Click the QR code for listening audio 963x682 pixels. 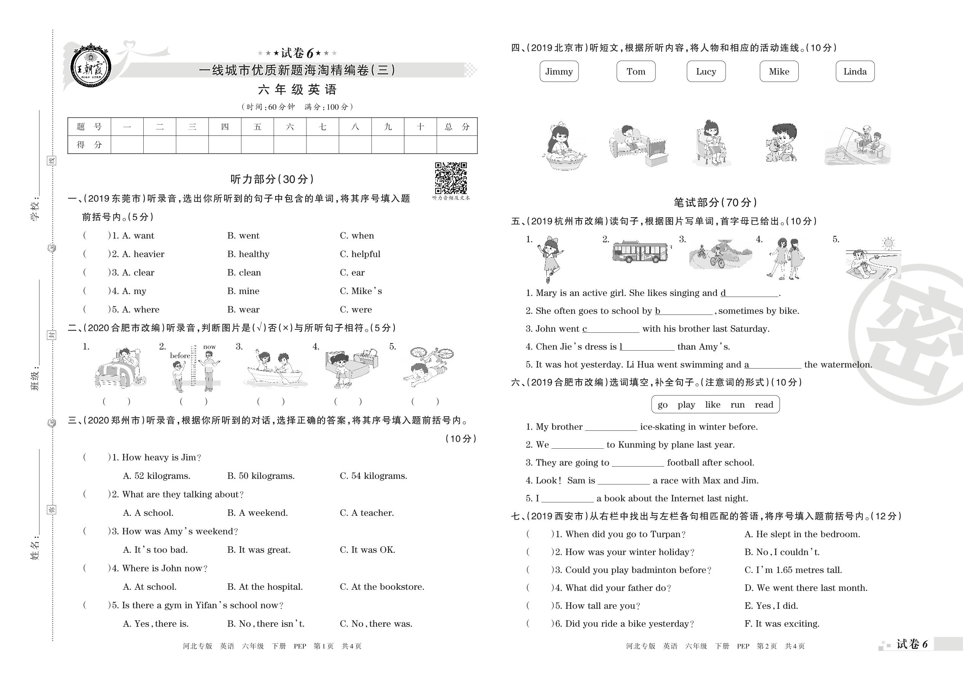click(451, 178)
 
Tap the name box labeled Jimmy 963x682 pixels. click(559, 71)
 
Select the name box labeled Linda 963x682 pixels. click(855, 71)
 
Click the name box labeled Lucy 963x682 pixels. click(706, 71)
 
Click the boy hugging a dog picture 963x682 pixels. click(781, 144)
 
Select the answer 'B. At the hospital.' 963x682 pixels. click(265, 587)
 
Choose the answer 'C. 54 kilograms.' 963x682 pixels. click(373, 476)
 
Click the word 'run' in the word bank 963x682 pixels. click(737, 405)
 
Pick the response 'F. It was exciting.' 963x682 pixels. click(782, 624)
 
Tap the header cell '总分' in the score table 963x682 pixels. click(457, 127)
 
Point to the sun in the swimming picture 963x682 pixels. click(888, 243)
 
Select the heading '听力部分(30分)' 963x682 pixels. click(272, 179)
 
